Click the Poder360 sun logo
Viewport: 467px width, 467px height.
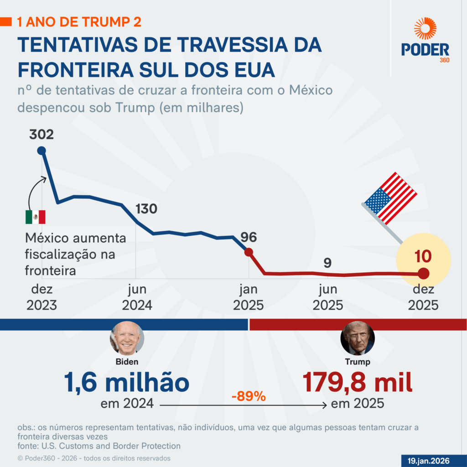pos(425,28)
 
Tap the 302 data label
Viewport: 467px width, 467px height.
pos(41,135)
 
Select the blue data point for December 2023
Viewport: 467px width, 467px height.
pos(42,150)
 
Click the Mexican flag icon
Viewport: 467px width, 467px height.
pos(35,217)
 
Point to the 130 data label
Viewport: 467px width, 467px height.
pos(146,209)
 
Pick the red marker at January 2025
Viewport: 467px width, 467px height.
pos(249,252)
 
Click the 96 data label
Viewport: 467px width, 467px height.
pos(249,237)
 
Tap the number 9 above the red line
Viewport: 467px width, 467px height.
pos(327,263)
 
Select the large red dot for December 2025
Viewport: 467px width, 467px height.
pos(423,274)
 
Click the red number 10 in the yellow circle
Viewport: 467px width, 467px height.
pos(423,256)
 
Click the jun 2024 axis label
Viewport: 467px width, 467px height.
pos(137,297)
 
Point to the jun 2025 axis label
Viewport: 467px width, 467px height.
pos(327,297)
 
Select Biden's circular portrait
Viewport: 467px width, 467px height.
pos(127,338)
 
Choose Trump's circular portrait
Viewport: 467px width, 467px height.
pos(358,338)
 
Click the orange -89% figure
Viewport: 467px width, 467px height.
pos(249,396)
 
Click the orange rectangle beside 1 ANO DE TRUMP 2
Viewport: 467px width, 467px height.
pos(6,21)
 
